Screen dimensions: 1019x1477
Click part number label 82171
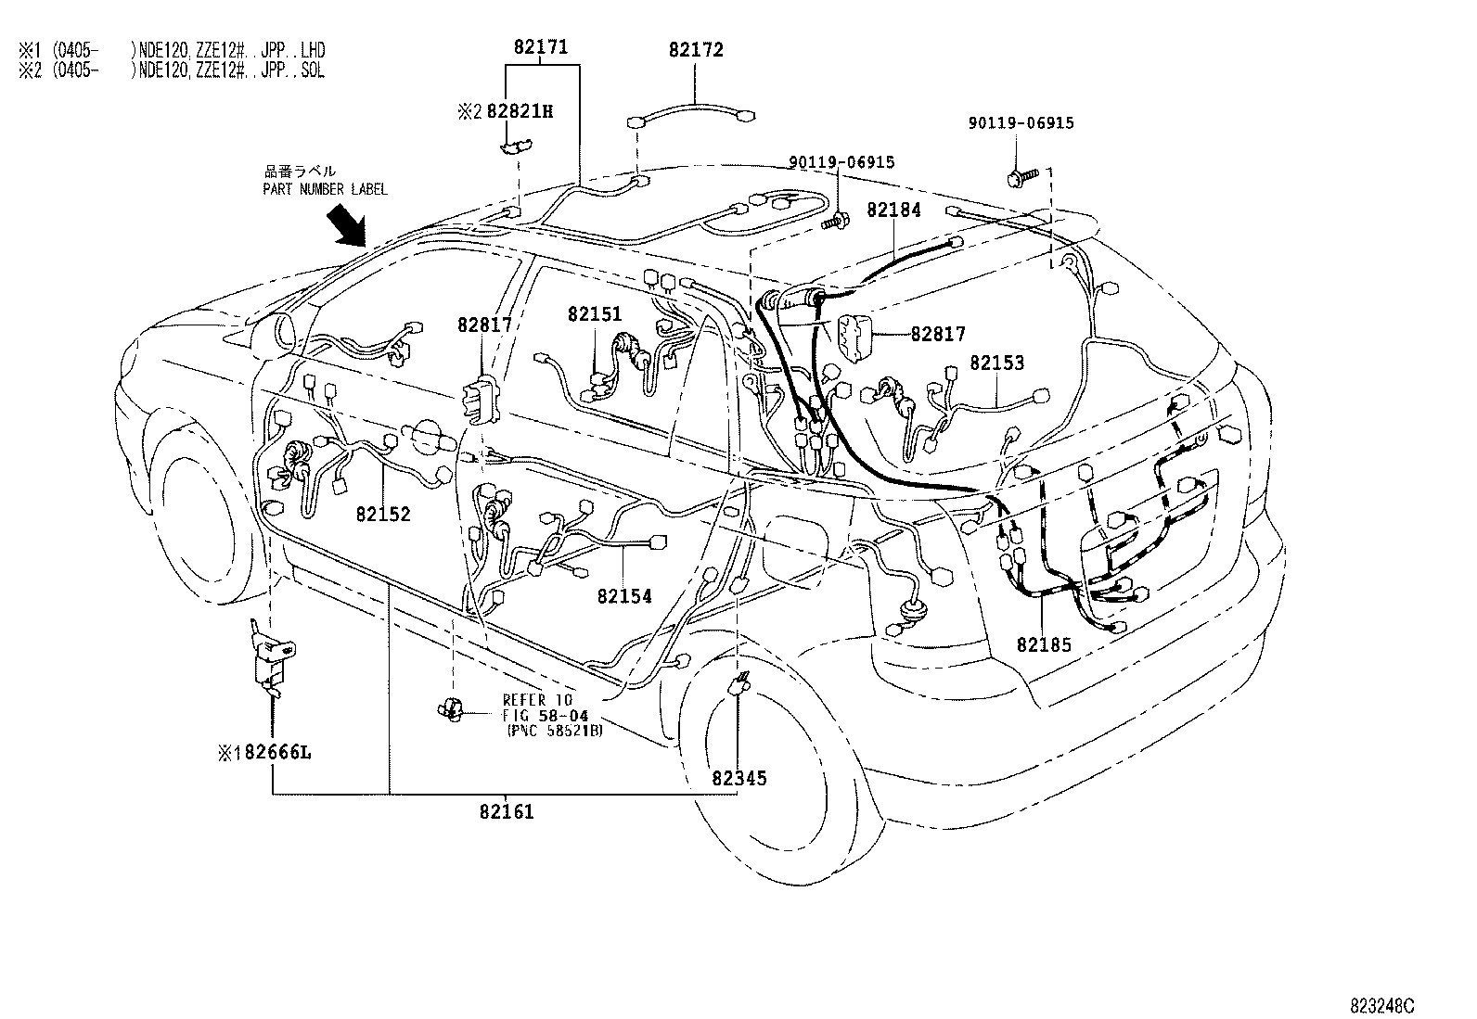542,47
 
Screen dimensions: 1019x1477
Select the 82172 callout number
696,51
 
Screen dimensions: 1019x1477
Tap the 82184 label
894,210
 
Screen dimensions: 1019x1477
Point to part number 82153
997,363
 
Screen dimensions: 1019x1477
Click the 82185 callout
1044,644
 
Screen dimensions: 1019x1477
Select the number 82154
624,596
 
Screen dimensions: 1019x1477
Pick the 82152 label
382,514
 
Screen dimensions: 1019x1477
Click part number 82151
595,315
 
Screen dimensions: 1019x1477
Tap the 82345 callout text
739,779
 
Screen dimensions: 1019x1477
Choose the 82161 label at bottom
507,813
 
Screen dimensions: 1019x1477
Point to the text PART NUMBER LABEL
325,189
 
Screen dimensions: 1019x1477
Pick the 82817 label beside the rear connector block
938,334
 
